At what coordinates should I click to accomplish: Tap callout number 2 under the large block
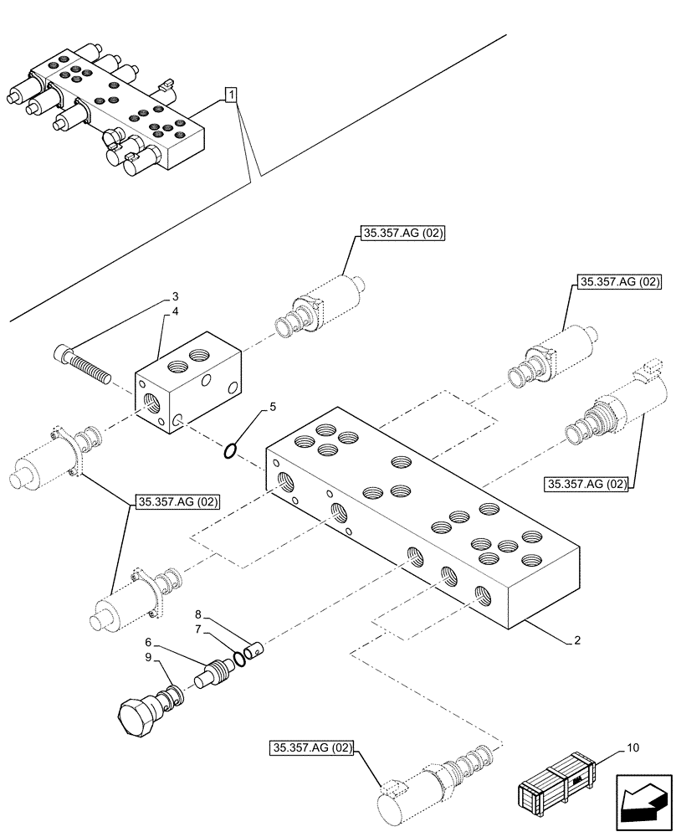pyautogui.click(x=577, y=642)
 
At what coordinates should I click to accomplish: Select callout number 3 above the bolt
pyautogui.click(x=175, y=296)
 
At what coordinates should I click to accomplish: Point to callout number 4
pyautogui.click(x=175, y=312)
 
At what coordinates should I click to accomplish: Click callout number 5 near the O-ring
pyautogui.click(x=271, y=408)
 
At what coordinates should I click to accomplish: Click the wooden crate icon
pyautogui.click(x=556, y=784)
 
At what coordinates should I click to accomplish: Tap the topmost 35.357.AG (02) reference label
pyautogui.click(x=401, y=234)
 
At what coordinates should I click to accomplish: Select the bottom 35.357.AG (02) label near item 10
pyautogui.click(x=312, y=747)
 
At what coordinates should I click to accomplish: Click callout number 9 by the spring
pyautogui.click(x=147, y=658)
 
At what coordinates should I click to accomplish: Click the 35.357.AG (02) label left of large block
pyautogui.click(x=176, y=502)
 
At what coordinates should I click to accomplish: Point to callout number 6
pyautogui.click(x=147, y=641)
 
